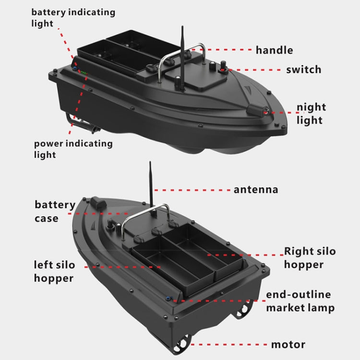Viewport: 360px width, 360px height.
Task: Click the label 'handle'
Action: click(274, 50)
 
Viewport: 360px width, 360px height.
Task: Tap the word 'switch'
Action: click(303, 70)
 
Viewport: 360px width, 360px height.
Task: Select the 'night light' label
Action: click(311, 113)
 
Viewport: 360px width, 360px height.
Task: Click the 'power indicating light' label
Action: click(73, 149)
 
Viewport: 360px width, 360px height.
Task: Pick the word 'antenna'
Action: click(255, 190)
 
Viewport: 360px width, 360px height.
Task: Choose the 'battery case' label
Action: click(54, 212)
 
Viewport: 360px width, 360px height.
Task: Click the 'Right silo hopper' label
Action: click(310, 258)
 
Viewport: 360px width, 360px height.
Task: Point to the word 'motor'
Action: click(288, 344)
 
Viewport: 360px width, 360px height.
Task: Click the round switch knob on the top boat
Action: click(224, 70)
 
